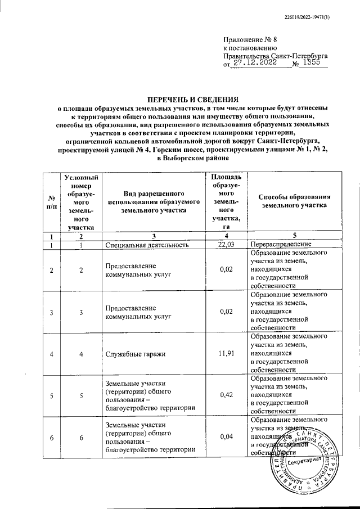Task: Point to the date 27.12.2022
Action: coord(253,65)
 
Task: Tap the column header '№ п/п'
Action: coord(52,202)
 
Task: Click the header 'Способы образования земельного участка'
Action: coord(294,201)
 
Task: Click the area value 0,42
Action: coord(226,395)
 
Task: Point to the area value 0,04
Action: coord(226,436)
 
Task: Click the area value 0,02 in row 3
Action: coord(226,312)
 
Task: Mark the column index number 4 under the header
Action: coord(226,235)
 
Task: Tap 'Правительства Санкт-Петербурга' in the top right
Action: coord(276,57)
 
